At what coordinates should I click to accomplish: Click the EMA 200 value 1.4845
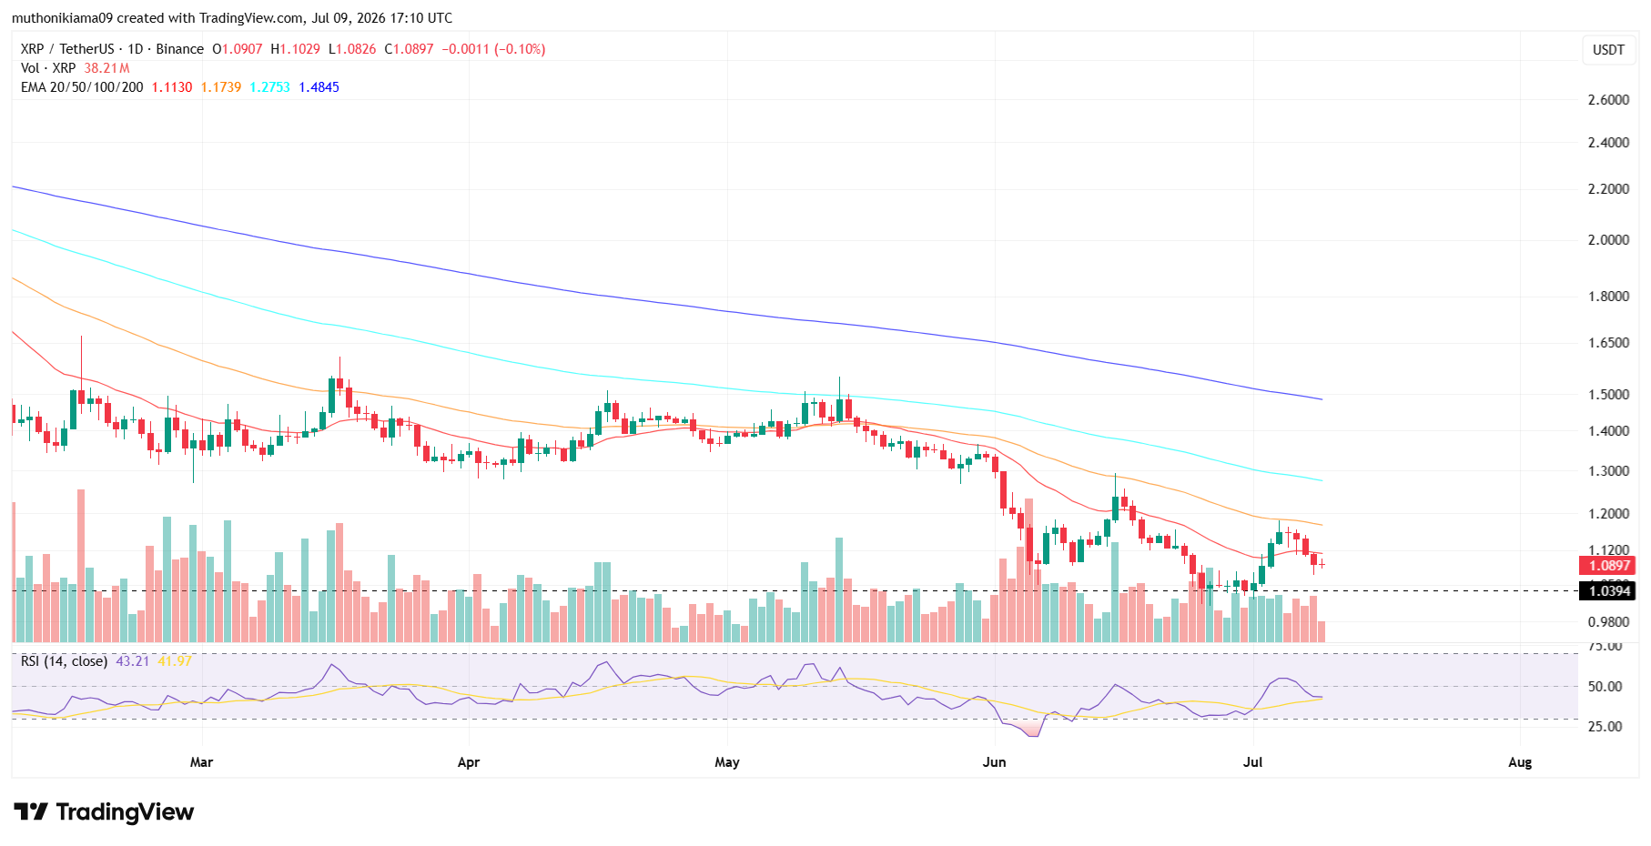point(319,87)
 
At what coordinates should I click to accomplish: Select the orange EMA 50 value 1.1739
point(221,87)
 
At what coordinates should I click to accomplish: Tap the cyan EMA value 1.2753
point(270,87)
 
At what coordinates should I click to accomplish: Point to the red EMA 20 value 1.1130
point(172,87)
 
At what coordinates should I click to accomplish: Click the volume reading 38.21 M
point(106,68)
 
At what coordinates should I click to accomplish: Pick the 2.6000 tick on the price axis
point(1608,100)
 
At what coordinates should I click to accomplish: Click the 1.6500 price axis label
point(1608,343)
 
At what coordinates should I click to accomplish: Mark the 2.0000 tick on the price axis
point(1608,240)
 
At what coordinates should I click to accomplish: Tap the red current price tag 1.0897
point(1609,566)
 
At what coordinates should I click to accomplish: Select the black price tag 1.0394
point(1609,591)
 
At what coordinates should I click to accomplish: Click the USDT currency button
point(1608,50)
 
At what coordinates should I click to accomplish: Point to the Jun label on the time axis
point(994,762)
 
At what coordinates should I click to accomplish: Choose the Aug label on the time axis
point(1520,762)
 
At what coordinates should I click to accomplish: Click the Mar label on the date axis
point(201,762)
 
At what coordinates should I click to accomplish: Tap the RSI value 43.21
point(132,661)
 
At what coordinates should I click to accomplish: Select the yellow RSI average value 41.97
point(175,661)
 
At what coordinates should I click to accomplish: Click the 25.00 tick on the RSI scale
point(1605,727)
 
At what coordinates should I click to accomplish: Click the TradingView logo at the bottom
point(104,811)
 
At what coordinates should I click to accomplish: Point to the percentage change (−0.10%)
point(520,49)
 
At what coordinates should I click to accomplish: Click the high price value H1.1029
point(295,49)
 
